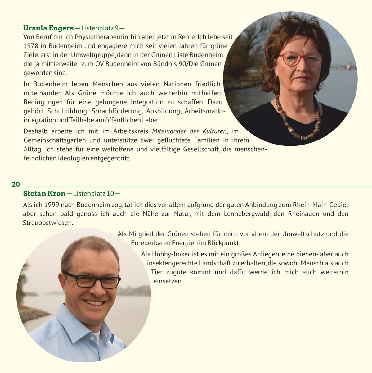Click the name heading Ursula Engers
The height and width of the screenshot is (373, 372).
(x=48, y=28)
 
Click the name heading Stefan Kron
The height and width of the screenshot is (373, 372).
(x=44, y=194)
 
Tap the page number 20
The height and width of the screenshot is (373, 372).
(x=16, y=185)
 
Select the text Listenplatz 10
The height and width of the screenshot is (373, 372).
(x=93, y=194)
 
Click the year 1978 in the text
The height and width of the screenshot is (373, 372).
(x=31, y=46)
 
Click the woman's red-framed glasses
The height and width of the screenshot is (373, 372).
(x=299, y=59)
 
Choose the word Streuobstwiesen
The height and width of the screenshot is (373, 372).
(x=48, y=223)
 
